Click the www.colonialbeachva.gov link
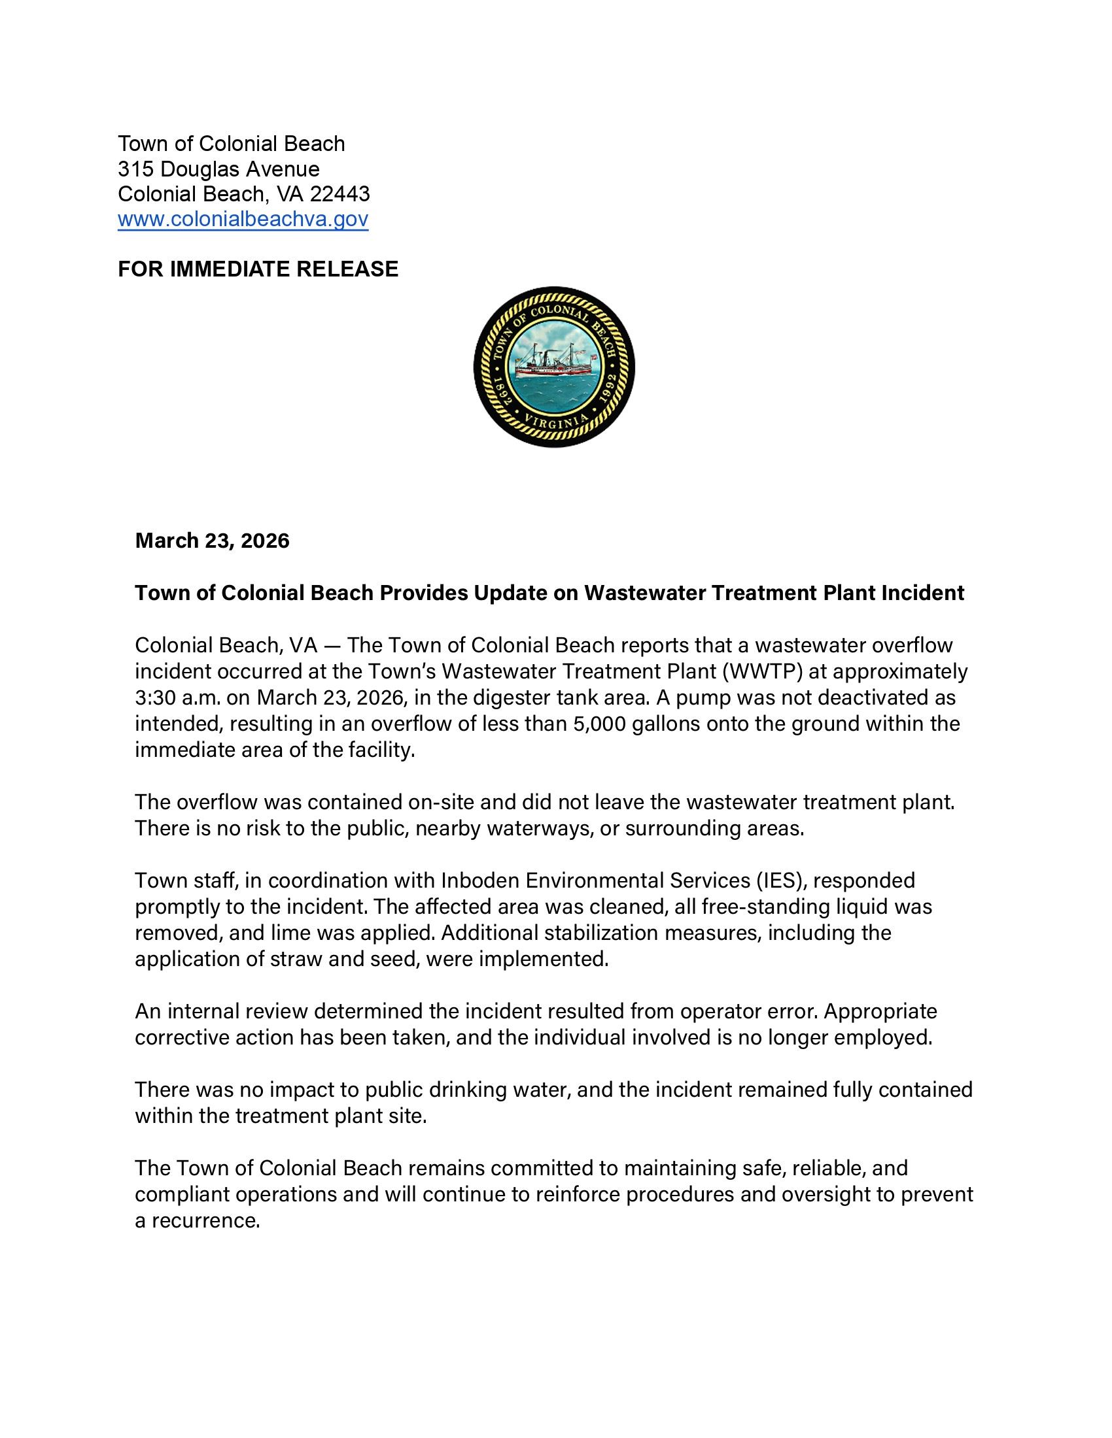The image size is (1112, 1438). pyautogui.click(x=243, y=219)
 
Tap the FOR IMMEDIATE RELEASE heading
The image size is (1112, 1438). pyautogui.click(x=258, y=269)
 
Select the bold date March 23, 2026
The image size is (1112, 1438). pyautogui.click(x=212, y=541)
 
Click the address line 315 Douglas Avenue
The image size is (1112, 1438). pyautogui.click(x=218, y=169)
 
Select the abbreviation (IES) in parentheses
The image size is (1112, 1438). pyautogui.click(x=779, y=880)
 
